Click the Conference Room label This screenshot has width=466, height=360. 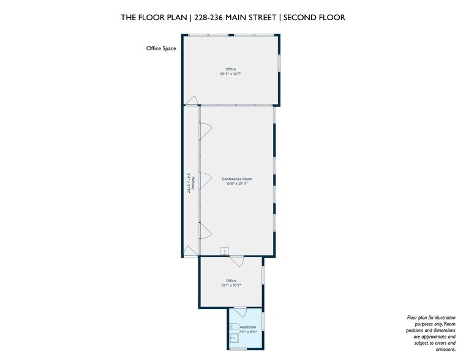[x=237, y=179]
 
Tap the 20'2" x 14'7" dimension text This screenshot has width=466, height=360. [x=231, y=73]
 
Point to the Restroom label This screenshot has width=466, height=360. [x=248, y=327]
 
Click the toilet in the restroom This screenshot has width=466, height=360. [x=235, y=326]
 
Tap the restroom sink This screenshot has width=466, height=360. [x=233, y=338]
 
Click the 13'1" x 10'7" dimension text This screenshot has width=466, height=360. [x=231, y=285]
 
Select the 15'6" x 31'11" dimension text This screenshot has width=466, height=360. [x=237, y=184]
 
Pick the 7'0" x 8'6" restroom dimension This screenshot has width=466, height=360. [x=248, y=332]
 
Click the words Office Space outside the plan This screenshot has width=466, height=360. [x=161, y=48]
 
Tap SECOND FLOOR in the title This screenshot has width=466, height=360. [x=314, y=18]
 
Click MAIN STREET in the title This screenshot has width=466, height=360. [x=250, y=18]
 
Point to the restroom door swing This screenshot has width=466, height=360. [x=240, y=312]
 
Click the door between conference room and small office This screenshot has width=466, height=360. [x=237, y=260]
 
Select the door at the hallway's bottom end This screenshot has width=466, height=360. [x=190, y=251]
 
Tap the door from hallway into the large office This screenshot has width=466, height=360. [x=191, y=100]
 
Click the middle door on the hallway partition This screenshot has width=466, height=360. [x=205, y=180]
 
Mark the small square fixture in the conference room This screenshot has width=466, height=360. [x=224, y=251]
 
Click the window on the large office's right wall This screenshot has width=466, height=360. [x=279, y=62]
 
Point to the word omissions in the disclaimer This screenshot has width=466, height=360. [x=446, y=350]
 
